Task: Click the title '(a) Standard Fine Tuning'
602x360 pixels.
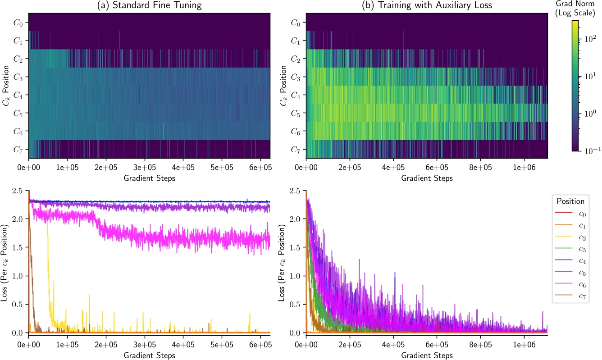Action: tap(149, 6)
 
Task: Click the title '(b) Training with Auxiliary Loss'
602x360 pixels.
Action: tap(426, 6)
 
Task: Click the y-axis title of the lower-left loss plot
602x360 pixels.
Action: tap(6, 263)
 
